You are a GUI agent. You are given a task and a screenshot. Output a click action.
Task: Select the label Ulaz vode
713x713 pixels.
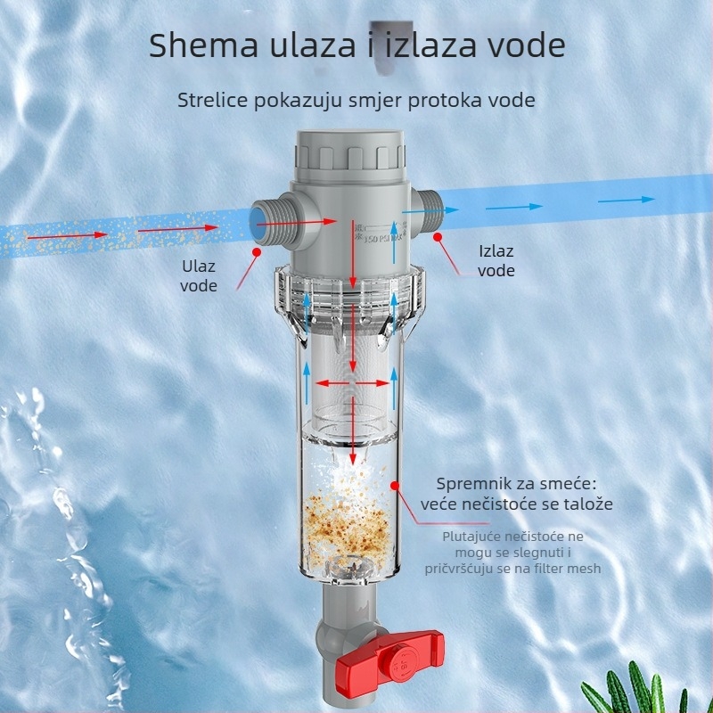click(198, 275)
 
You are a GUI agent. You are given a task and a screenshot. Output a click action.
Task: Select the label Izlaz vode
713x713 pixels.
click(496, 260)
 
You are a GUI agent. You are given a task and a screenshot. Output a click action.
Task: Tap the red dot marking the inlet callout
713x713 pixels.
click(256, 253)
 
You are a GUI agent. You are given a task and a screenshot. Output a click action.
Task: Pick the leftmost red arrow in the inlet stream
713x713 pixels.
click(43, 238)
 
